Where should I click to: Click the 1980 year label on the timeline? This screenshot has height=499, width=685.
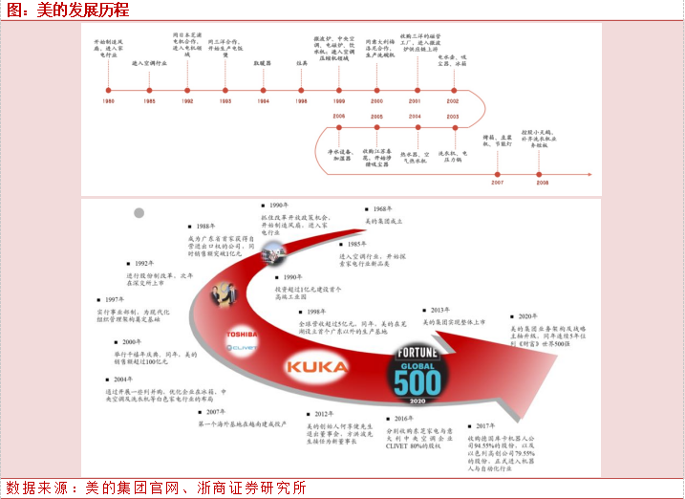[x=109, y=100]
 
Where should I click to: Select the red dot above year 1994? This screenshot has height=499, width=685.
[x=263, y=89]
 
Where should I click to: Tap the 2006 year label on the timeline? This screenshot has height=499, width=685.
[x=339, y=116]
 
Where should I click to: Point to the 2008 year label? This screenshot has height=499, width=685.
[x=542, y=181]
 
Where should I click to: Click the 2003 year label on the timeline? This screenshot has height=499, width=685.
[x=452, y=116]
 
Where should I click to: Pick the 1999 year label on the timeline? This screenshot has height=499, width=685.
[x=339, y=100]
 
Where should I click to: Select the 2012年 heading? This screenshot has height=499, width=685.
[x=322, y=414]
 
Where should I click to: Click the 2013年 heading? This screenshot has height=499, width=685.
[x=440, y=310]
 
